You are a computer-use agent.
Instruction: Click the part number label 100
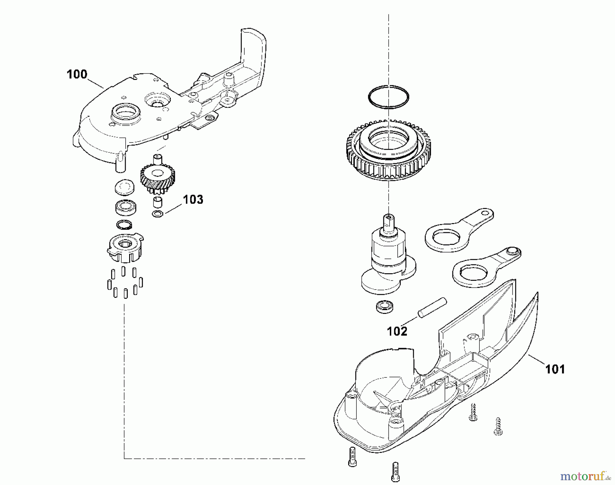tap(77, 74)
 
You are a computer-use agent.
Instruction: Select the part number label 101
tap(555, 369)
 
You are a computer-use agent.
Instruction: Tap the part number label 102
tap(397, 331)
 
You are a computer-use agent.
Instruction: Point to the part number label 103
tap(193, 199)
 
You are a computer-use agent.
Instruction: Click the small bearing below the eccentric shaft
tap(384, 306)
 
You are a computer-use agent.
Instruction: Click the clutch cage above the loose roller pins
tap(125, 248)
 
